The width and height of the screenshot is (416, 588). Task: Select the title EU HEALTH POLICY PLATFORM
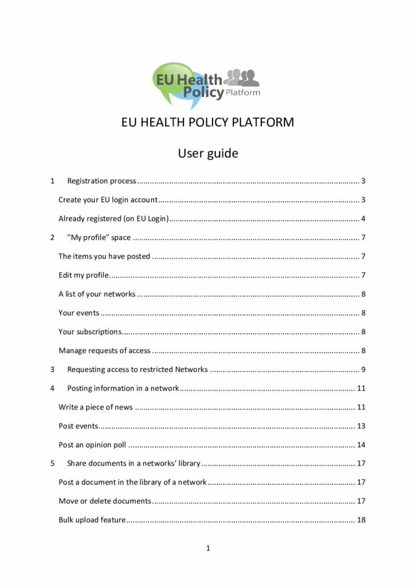coord(207,123)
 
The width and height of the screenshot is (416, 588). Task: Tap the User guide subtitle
coord(207,153)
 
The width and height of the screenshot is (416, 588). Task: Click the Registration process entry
coord(102,181)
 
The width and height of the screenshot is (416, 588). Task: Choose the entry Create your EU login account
coord(108,200)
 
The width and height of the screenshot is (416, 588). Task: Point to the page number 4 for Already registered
coord(363,219)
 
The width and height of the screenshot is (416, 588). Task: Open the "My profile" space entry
coord(99,238)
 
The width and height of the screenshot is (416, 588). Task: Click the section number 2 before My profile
coord(52,238)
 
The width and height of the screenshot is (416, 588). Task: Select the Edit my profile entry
coord(84,275)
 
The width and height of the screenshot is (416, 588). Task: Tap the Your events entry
coord(79,313)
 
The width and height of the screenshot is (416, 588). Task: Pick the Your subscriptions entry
coord(90,331)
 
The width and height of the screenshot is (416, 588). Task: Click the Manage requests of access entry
coord(105,350)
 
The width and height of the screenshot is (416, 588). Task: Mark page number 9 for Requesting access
coord(363,369)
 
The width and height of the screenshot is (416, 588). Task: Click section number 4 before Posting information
coord(52,388)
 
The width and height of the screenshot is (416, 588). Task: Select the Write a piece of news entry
coord(95,407)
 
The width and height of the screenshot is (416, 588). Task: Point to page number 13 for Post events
coord(361,426)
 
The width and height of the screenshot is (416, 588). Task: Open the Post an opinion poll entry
coord(92,444)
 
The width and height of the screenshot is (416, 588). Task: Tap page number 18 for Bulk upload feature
coord(361,520)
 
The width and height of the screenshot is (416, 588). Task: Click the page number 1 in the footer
coord(208,548)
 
